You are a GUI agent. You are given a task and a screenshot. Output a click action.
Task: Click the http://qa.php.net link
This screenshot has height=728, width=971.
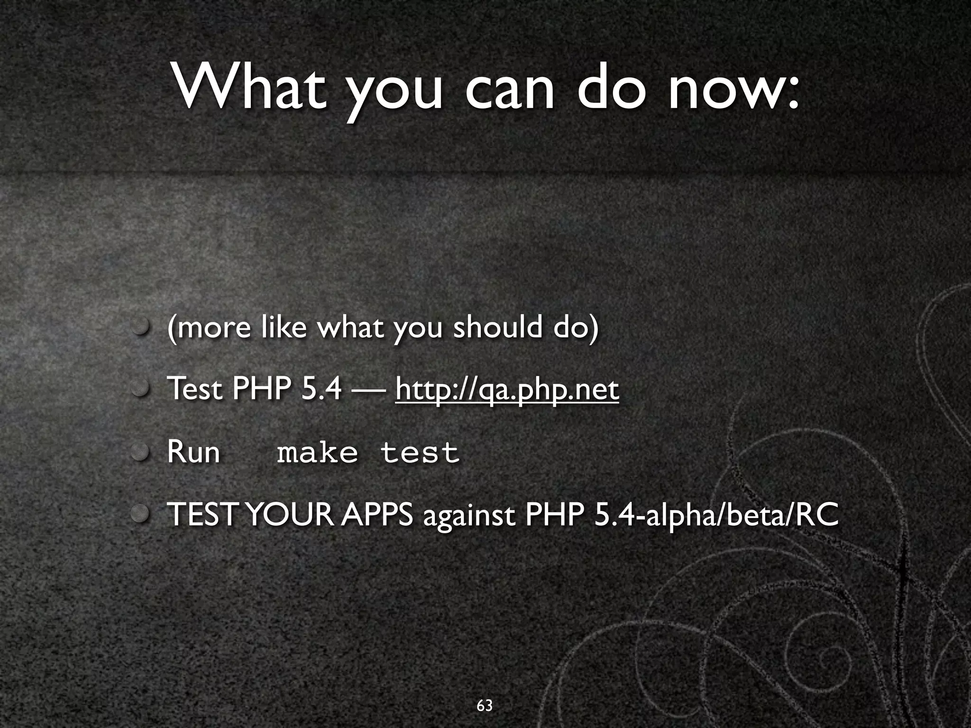507,390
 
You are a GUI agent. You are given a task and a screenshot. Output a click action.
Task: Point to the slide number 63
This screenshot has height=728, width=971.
485,706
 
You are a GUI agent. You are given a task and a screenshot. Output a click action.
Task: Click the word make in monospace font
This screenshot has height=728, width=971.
317,453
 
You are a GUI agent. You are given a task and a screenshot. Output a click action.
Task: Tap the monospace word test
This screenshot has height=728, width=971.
420,453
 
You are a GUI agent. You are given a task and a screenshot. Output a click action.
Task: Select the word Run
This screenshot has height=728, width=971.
193,452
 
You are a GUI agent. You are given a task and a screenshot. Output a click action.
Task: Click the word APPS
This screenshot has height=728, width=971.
377,515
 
